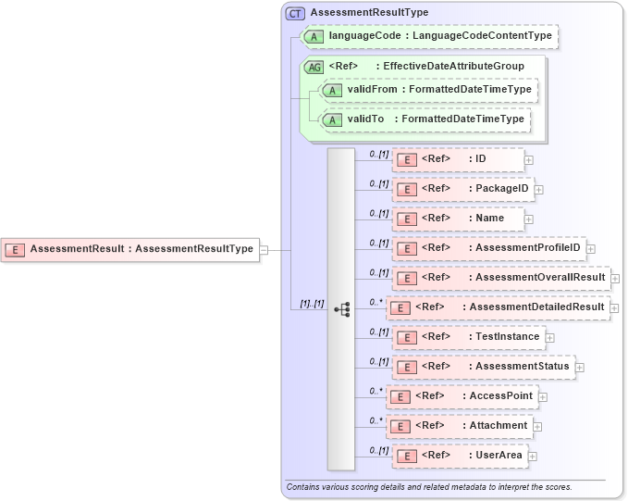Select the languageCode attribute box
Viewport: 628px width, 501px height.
(x=429, y=36)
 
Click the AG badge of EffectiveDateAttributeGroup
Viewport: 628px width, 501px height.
(x=314, y=67)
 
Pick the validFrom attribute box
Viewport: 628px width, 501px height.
(x=428, y=90)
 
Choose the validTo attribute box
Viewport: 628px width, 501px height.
(x=424, y=119)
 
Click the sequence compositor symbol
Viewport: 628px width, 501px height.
(x=341, y=309)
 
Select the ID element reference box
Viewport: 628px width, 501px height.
(x=459, y=159)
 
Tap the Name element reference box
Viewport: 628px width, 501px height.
(x=459, y=219)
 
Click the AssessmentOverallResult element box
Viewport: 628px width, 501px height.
(x=500, y=278)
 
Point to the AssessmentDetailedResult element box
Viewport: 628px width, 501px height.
(x=498, y=307)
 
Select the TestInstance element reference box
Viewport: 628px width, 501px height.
(x=469, y=337)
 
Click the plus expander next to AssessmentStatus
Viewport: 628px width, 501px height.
(x=580, y=367)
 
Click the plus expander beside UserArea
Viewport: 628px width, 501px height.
(x=533, y=456)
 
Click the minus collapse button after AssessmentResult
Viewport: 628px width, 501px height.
(x=265, y=249)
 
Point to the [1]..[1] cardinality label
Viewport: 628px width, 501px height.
(x=310, y=304)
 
